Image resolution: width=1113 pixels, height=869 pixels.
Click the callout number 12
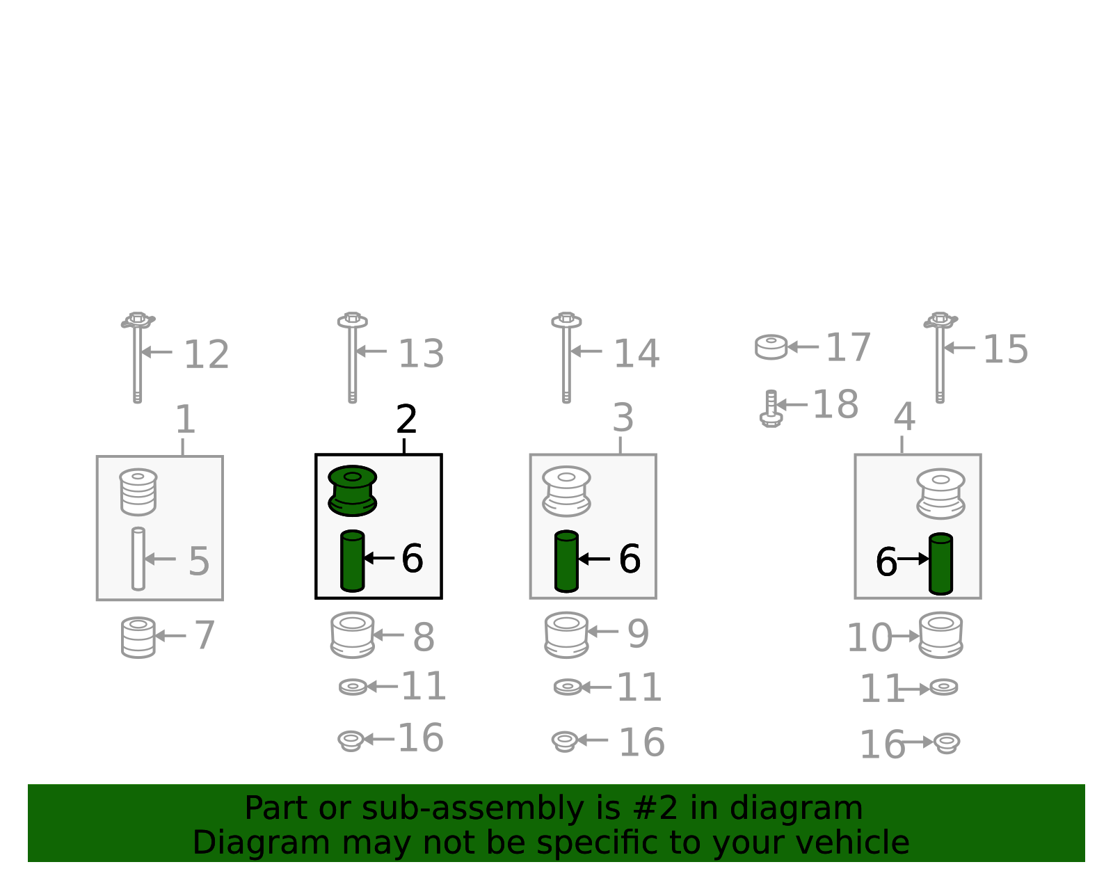(x=206, y=354)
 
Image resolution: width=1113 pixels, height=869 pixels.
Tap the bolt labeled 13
(x=353, y=358)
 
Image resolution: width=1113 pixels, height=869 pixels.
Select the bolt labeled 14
(x=566, y=358)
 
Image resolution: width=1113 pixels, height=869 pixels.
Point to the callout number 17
(x=848, y=348)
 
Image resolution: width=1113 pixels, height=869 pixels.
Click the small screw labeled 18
(x=771, y=408)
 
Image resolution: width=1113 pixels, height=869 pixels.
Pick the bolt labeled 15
(x=940, y=358)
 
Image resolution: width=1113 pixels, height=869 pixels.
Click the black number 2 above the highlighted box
(x=406, y=419)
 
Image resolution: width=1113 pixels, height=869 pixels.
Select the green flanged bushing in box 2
(x=353, y=491)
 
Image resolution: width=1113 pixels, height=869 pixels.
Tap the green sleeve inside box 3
(x=566, y=561)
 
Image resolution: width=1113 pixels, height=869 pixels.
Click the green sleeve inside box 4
(x=941, y=564)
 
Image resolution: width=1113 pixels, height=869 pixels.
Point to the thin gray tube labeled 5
(x=138, y=559)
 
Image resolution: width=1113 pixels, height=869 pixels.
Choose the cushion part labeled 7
(x=138, y=637)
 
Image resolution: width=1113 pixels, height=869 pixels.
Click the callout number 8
(x=424, y=637)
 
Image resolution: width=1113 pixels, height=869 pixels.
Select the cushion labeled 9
(x=566, y=635)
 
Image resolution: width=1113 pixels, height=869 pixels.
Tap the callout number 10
(x=870, y=638)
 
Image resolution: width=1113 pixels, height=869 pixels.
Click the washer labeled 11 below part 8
(x=353, y=687)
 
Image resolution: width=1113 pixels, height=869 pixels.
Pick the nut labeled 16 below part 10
(x=947, y=743)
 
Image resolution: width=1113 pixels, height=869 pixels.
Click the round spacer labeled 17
(x=771, y=347)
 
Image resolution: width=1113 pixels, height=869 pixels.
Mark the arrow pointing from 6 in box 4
(x=913, y=559)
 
